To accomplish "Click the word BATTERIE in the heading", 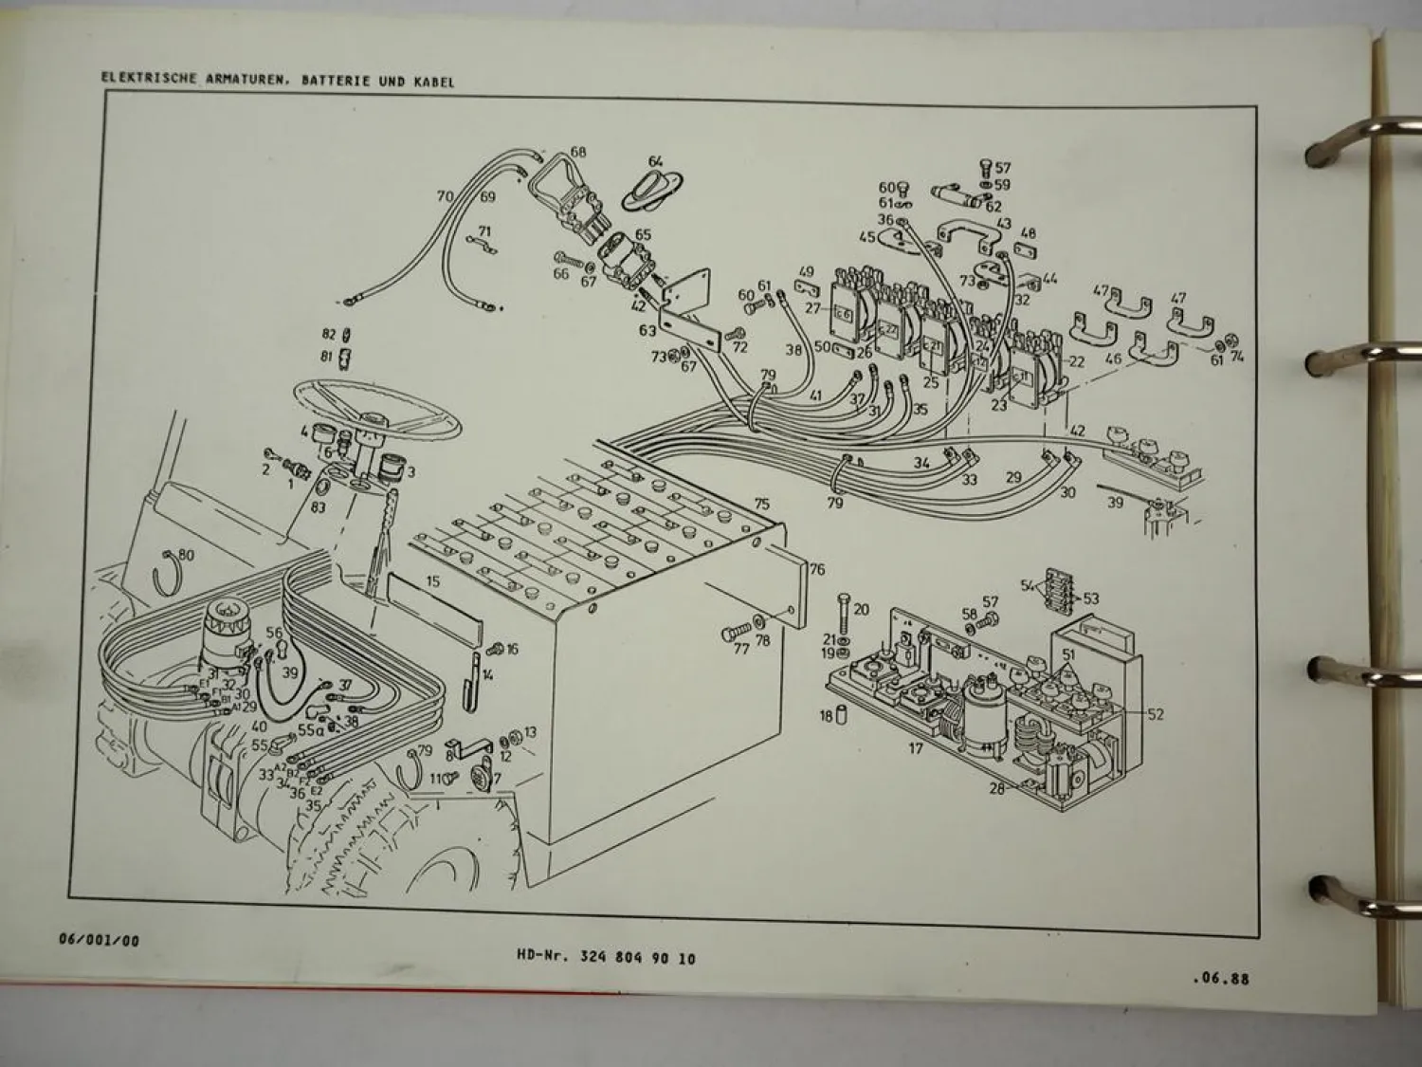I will [x=335, y=82].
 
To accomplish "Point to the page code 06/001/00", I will [x=99, y=941].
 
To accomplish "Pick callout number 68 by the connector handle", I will [x=578, y=152].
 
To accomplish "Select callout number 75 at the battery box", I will [x=761, y=505].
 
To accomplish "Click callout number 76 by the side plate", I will [x=816, y=568].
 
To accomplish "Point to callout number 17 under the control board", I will [x=916, y=749].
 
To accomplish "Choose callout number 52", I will [x=1155, y=714].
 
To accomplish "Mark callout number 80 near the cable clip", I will [x=185, y=556].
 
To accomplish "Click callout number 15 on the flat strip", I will [x=432, y=582].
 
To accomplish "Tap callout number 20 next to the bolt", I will [x=861, y=609].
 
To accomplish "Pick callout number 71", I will [x=484, y=231].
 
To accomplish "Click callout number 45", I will [x=866, y=237].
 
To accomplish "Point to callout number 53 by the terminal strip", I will [x=1091, y=598].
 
